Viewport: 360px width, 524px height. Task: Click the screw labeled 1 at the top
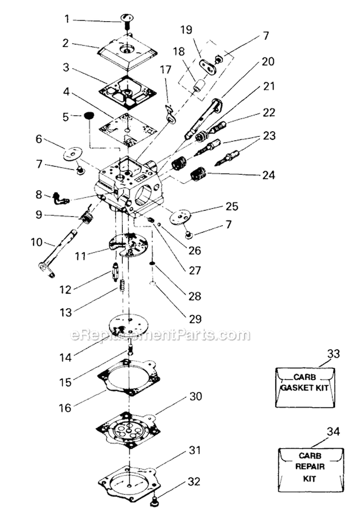coord(127,20)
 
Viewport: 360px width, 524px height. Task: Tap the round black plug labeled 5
coord(88,116)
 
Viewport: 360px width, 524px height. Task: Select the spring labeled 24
coord(198,173)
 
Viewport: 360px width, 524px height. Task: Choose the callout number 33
coord(333,354)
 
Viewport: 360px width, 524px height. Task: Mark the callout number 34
coord(333,432)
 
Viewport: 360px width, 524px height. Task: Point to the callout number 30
coord(196,397)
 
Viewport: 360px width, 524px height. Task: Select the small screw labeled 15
coord(130,348)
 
